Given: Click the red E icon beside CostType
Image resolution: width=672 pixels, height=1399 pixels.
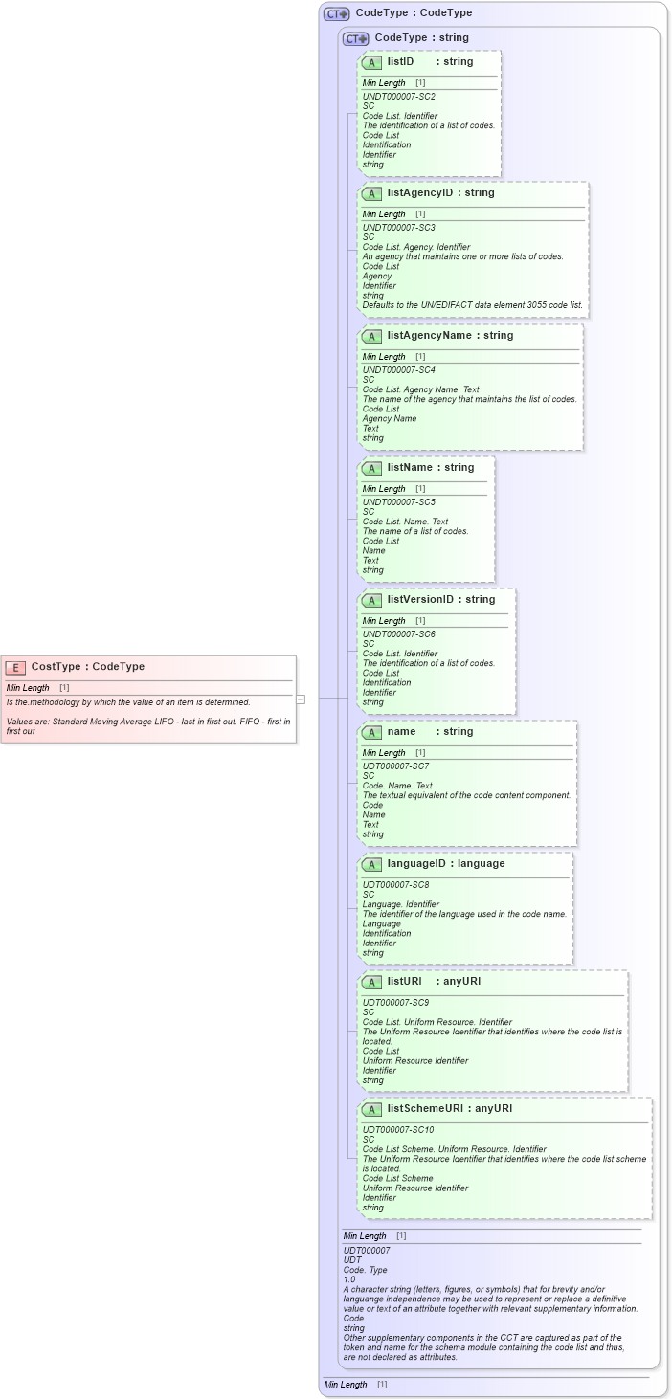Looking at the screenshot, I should (15, 667).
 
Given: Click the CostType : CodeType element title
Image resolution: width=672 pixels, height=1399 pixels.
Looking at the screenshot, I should (87, 667).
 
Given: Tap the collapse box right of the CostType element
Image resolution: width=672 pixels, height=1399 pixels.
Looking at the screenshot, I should (301, 699).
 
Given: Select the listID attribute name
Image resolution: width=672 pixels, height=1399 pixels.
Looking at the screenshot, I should (400, 61).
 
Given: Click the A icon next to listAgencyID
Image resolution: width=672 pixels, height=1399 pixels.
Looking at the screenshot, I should (372, 193).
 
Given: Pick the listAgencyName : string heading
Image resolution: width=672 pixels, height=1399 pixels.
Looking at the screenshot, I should (450, 335).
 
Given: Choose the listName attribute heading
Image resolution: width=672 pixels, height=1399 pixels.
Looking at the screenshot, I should (430, 467).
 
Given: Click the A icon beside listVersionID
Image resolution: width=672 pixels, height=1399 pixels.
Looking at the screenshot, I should (372, 600).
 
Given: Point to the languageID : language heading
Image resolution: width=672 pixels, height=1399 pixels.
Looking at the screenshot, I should (445, 863).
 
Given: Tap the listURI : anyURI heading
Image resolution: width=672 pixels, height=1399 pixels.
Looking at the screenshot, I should (434, 981).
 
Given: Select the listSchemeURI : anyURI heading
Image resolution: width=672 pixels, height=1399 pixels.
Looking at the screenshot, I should (449, 1108).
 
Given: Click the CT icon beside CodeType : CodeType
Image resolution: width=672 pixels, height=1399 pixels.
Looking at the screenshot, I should (336, 13).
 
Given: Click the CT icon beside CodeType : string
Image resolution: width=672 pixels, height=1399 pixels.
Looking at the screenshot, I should (356, 38).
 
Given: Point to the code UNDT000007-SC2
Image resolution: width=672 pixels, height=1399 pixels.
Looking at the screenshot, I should (398, 97).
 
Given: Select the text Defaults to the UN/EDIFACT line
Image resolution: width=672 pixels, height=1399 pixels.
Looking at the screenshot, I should (472, 305).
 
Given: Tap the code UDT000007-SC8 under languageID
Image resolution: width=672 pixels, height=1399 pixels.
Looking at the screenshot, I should (395, 885).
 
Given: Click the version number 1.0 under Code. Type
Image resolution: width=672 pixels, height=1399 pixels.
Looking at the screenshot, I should (349, 1279).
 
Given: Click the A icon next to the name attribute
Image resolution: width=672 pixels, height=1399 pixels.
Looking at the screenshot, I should (372, 732).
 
